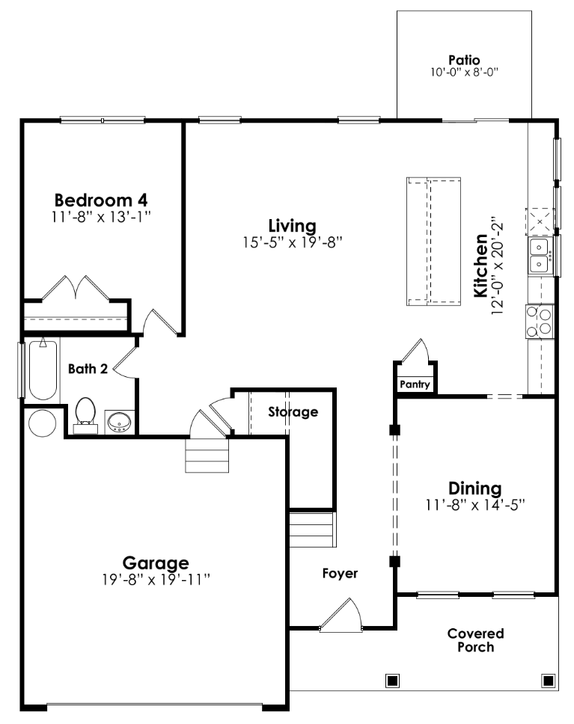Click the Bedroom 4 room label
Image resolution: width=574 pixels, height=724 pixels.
pos(101,200)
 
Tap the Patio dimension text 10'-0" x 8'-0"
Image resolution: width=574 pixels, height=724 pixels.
pos(463,73)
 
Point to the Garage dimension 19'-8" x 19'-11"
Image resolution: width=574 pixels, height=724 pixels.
pos(156,579)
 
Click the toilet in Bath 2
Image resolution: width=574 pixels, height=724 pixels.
pos(85,414)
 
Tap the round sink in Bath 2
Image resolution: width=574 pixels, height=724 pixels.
pos(118,423)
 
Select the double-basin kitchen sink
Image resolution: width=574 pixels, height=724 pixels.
pos(540,255)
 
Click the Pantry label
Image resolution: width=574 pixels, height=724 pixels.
pos(415,384)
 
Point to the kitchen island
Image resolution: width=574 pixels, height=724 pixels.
pos(434,242)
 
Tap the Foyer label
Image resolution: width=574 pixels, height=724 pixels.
pos(340,574)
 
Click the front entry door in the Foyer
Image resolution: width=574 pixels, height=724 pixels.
pos(340,615)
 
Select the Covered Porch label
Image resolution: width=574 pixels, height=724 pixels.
pos(475,640)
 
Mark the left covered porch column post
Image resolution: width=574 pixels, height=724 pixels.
pos(391,681)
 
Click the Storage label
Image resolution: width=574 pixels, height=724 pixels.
pos(293,412)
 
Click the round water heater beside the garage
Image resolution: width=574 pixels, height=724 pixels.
pos(41,423)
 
